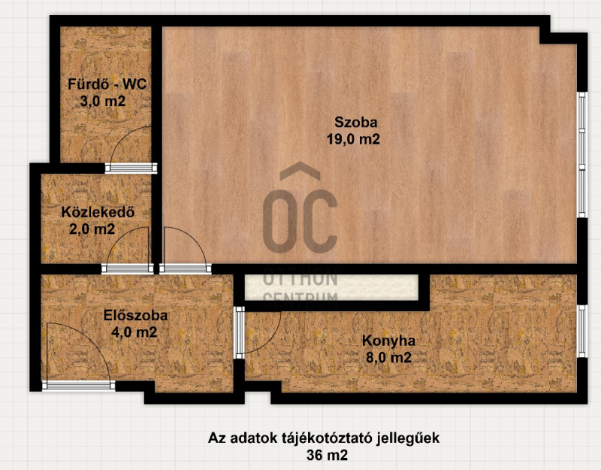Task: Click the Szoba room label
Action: pyautogui.click(x=355, y=123)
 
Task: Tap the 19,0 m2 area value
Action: pyautogui.click(x=353, y=139)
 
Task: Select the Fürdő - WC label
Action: pyautogui.click(x=107, y=84)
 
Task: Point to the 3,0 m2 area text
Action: pyautogui.click(x=103, y=102)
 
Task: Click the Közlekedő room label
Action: pyautogui.click(x=98, y=212)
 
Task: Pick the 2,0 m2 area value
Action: pyautogui.click(x=92, y=229)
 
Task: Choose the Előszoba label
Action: pyautogui.click(x=136, y=315)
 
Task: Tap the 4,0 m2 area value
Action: pyautogui.click(x=134, y=332)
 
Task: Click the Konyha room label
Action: pyautogui.click(x=388, y=341)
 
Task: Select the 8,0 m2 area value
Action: pyautogui.click(x=388, y=358)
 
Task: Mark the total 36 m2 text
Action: pyautogui.click(x=327, y=456)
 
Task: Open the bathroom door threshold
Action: pyautogui.click(x=131, y=168)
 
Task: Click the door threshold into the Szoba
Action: pyautogui.click(x=185, y=268)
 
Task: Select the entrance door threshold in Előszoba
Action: pyautogui.click(x=79, y=385)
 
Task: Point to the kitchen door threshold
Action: pyautogui.click(x=240, y=332)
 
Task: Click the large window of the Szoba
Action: pyautogui.click(x=581, y=155)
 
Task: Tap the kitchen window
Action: pyautogui.click(x=581, y=332)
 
